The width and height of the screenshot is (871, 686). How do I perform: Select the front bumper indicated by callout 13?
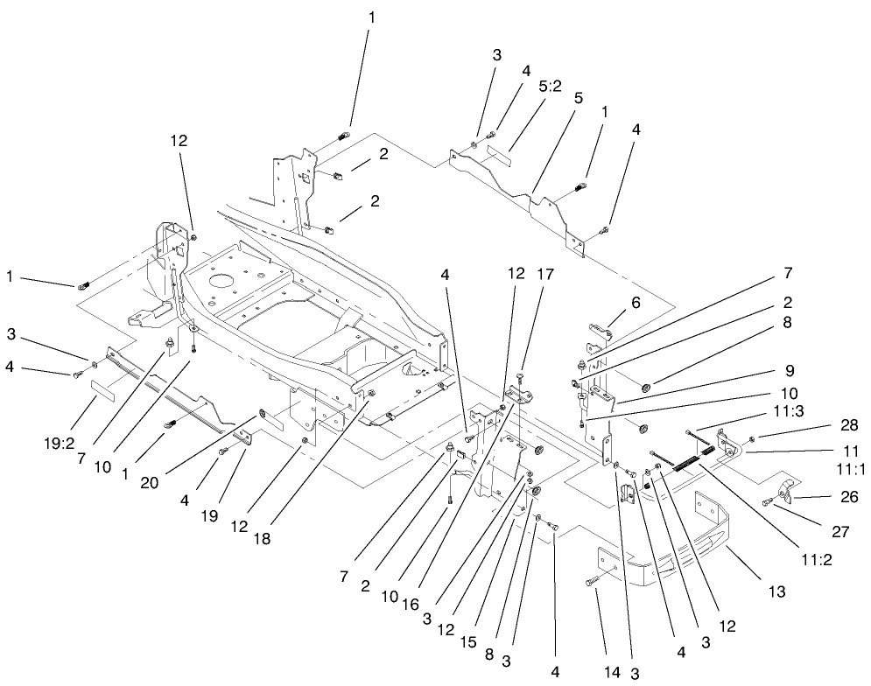(x=683, y=560)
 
